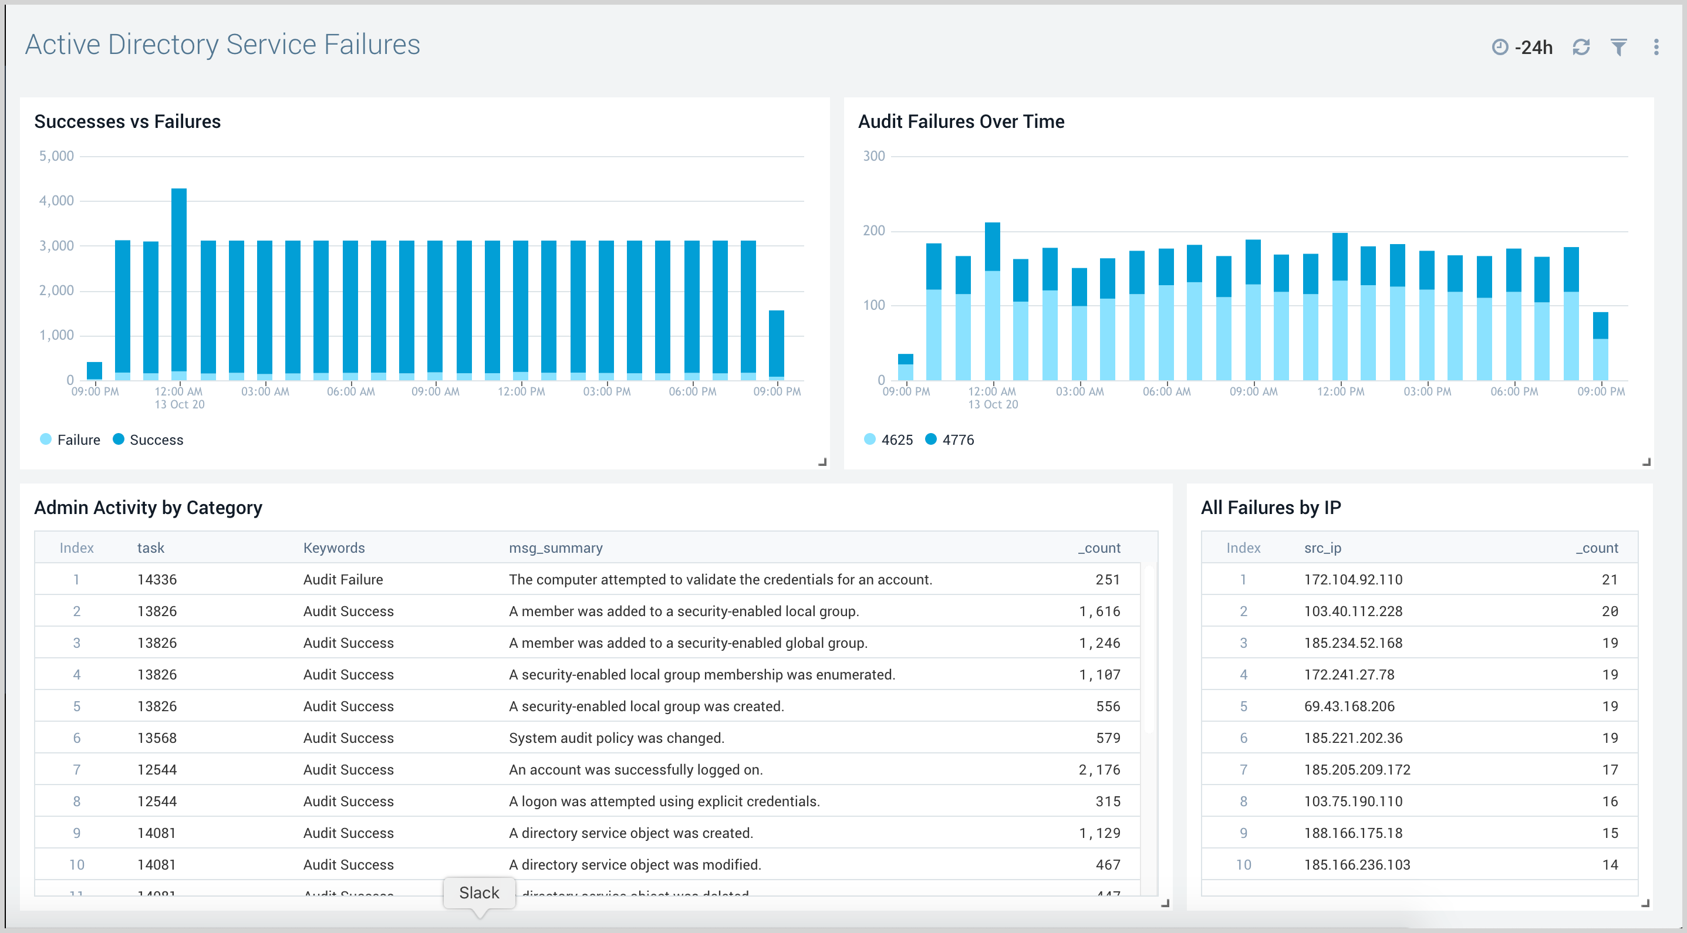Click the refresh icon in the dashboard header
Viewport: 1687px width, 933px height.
pos(1581,47)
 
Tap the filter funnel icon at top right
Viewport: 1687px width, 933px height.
pos(1618,47)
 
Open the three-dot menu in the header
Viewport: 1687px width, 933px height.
pos(1656,47)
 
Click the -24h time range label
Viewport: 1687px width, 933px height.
pos(1533,47)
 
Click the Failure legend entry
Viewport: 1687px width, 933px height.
pos(78,440)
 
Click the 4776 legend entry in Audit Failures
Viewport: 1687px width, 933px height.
pos(957,440)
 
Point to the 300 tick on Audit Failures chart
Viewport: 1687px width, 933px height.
pos(873,156)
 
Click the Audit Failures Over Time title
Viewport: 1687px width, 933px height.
pos(961,122)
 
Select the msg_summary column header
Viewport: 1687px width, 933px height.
pos(555,548)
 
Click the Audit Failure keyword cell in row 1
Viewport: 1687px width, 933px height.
pos(343,579)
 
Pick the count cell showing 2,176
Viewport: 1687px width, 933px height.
pos(1099,769)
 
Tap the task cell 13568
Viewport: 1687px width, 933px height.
pos(157,738)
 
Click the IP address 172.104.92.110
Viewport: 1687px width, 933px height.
pos(1353,579)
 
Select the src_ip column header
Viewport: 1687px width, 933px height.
pos(1322,548)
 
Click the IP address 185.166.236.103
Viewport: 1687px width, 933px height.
pos(1357,864)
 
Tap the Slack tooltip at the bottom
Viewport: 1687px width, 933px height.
pos(479,893)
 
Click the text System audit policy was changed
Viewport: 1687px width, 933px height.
pos(616,738)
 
